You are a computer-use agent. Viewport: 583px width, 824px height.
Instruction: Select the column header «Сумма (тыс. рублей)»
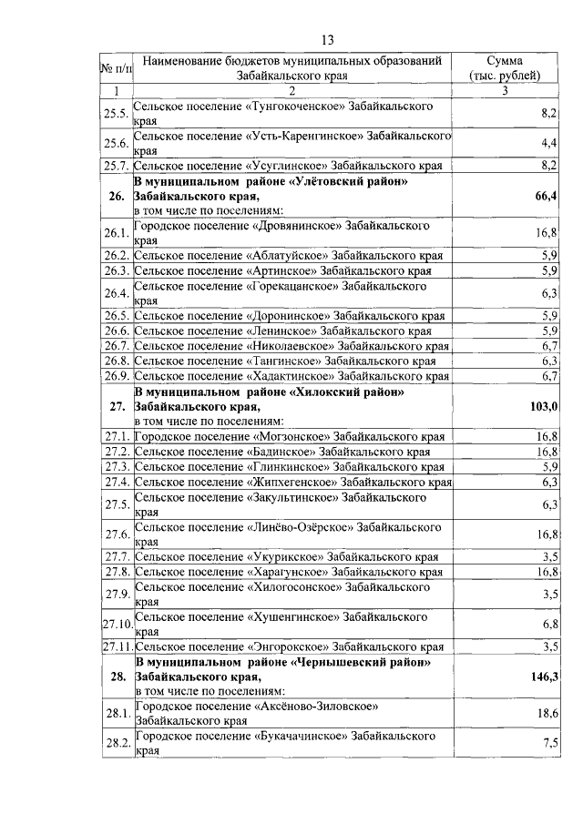504,67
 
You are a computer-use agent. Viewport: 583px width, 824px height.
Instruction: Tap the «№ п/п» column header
116,67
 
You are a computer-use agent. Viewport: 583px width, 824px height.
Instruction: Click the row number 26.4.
116,293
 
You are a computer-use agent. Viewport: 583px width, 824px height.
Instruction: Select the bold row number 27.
116,405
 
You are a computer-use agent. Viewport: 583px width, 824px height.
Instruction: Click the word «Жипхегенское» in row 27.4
291,482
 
